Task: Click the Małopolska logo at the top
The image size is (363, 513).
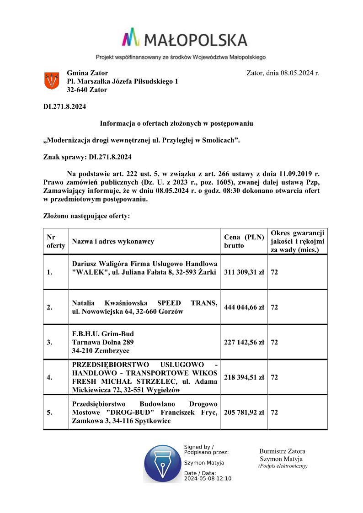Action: (185, 38)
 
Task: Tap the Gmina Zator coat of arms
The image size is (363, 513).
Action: (51, 81)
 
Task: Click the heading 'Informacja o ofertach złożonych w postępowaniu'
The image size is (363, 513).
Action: (176, 123)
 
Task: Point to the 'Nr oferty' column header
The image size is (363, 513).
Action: (56, 241)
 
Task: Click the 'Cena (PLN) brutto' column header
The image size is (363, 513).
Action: (244, 241)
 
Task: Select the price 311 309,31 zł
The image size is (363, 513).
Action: (244, 272)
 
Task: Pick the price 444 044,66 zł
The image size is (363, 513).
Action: (244, 307)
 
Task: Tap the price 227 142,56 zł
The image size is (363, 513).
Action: (244, 342)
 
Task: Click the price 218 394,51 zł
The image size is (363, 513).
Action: (244, 377)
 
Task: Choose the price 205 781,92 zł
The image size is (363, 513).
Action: (244, 412)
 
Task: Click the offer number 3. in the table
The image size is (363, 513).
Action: (49, 342)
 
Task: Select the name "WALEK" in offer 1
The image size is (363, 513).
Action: (87, 273)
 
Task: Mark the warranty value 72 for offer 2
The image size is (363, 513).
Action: (274, 307)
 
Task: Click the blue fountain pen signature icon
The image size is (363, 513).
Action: (162, 463)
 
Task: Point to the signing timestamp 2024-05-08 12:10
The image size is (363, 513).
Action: (208, 479)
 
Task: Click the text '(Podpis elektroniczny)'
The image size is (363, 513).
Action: (283, 466)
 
